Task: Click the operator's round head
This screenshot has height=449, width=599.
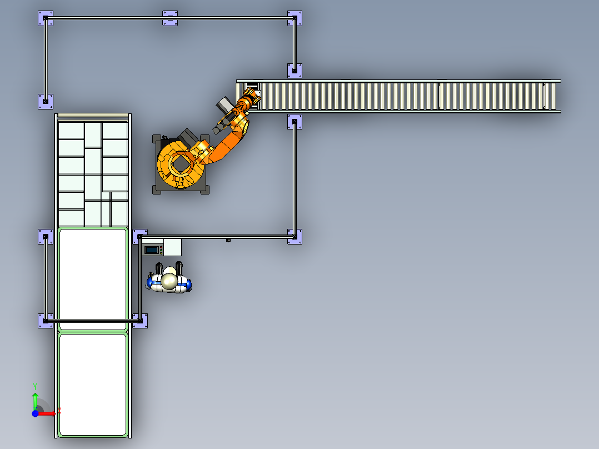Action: [x=169, y=281]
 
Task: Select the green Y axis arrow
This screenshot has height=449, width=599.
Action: [x=35, y=400]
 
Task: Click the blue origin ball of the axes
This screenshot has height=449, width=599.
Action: [x=35, y=413]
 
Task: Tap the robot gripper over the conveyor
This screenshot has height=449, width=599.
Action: [x=250, y=100]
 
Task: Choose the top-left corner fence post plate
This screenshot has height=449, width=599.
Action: [x=46, y=18]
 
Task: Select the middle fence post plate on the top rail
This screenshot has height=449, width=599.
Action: [x=170, y=18]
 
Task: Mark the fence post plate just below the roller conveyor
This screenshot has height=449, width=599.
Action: [x=294, y=122]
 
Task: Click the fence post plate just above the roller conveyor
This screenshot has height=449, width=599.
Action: [x=294, y=70]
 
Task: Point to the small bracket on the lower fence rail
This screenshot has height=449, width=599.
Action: [x=228, y=240]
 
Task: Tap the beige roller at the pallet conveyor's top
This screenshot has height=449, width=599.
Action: [x=93, y=116]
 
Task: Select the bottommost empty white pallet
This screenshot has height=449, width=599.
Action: [x=93, y=384]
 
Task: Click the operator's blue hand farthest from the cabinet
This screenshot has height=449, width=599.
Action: [x=188, y=285]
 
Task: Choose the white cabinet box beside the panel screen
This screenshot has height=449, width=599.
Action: [x=173, y=247]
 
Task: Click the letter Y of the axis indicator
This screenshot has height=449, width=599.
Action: [x=35, y=386]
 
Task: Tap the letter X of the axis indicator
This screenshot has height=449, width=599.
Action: [x=59, y=411]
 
